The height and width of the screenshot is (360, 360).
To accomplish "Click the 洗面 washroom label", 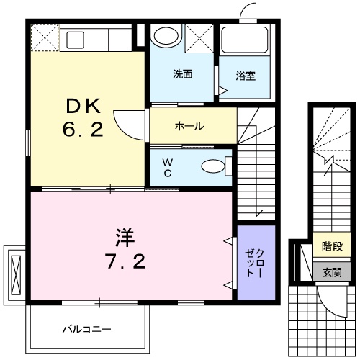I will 181,73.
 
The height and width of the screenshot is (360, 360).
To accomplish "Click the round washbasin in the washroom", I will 167,38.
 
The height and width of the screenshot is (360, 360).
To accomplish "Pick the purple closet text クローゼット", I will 256,262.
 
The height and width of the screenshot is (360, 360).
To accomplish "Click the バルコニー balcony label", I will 86,329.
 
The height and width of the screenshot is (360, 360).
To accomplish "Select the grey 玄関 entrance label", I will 332,271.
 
